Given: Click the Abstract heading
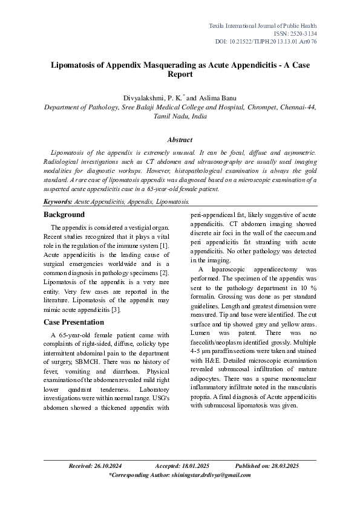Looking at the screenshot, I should pyautogui.click(x=179, y=140).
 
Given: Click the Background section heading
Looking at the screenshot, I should pyautogui.click(x=64, y=215).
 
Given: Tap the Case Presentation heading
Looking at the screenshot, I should pyautogui.click(x=73, y=322).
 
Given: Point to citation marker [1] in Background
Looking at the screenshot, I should pyautogui.click(x=164, y=244).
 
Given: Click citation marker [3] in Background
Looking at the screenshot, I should pyautogui.click(x=117, y=310).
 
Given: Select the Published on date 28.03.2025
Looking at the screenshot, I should pyautogui.click(x=284, y=466).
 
